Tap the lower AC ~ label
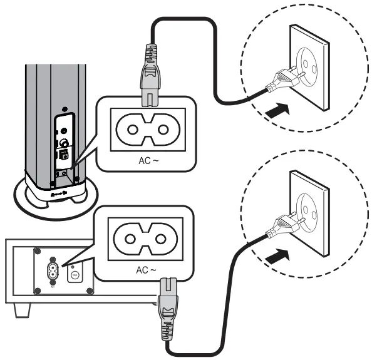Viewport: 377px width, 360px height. click(x=149, y=270)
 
